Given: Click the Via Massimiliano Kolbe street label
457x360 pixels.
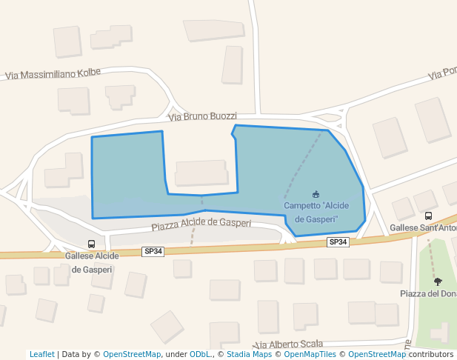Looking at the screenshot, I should click(52, 73).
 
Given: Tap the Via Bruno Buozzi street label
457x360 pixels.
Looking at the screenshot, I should click(202, 116).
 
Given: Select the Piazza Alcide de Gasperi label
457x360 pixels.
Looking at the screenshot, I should click(201, 223).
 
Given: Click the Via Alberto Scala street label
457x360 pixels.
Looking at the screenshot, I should click(289, 344).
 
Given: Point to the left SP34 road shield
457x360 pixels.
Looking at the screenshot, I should click(153, 252).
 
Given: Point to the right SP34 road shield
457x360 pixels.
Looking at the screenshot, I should click(338, 242).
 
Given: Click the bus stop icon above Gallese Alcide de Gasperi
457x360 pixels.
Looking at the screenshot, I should click(91, 244).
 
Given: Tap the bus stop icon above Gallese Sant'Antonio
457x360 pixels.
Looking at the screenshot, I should click(428, 216).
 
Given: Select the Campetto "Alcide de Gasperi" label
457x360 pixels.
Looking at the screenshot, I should click(316, 212).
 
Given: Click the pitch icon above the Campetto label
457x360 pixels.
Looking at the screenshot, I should click(316, 194).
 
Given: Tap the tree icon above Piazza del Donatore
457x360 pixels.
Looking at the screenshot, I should click(438, 281).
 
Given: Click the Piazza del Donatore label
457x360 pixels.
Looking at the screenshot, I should click(428, 294).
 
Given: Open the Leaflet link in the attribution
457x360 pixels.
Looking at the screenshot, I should click(41, 354).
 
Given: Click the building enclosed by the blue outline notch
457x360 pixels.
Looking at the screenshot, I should click(201, 173).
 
